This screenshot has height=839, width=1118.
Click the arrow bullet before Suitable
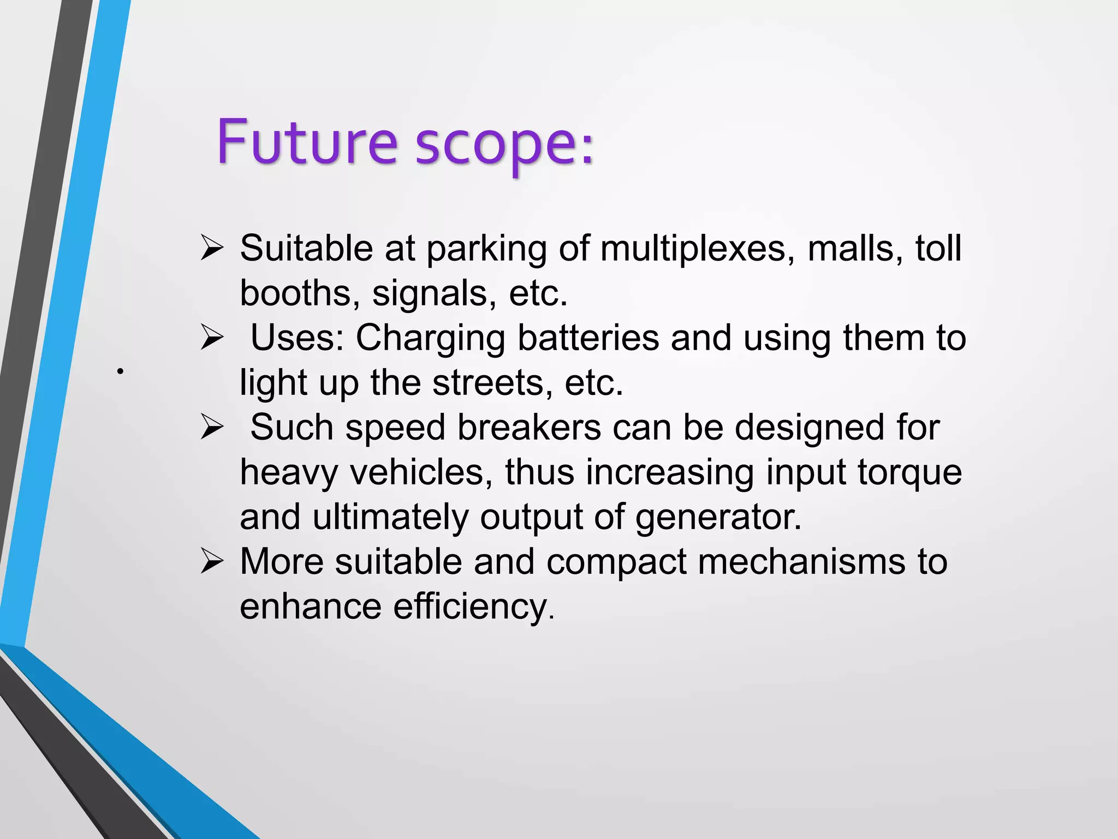[x=212, y=248]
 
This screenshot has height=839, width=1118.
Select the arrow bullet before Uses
[x=212, y=338]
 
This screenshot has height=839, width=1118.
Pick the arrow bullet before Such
[x=212, y=427]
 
